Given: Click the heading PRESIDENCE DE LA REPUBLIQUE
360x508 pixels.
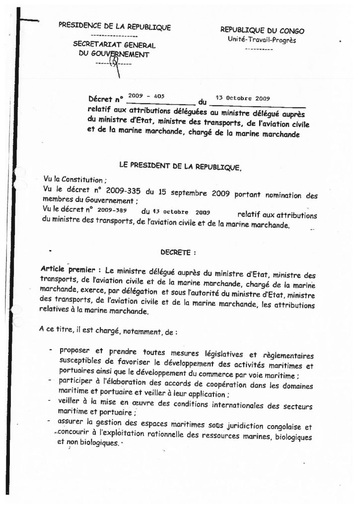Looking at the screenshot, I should coord(114,27).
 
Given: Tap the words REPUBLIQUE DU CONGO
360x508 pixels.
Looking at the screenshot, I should coord(262,30).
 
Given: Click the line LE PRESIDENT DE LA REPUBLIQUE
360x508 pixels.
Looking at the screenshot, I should coord(180,168).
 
